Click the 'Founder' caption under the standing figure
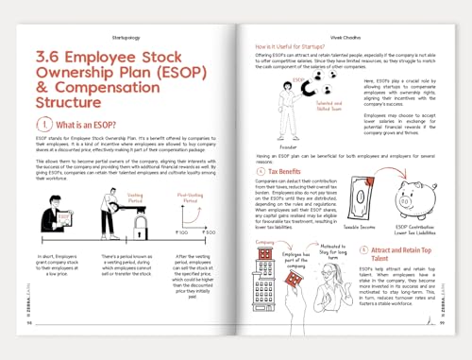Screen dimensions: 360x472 click(x=288, y=147)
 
